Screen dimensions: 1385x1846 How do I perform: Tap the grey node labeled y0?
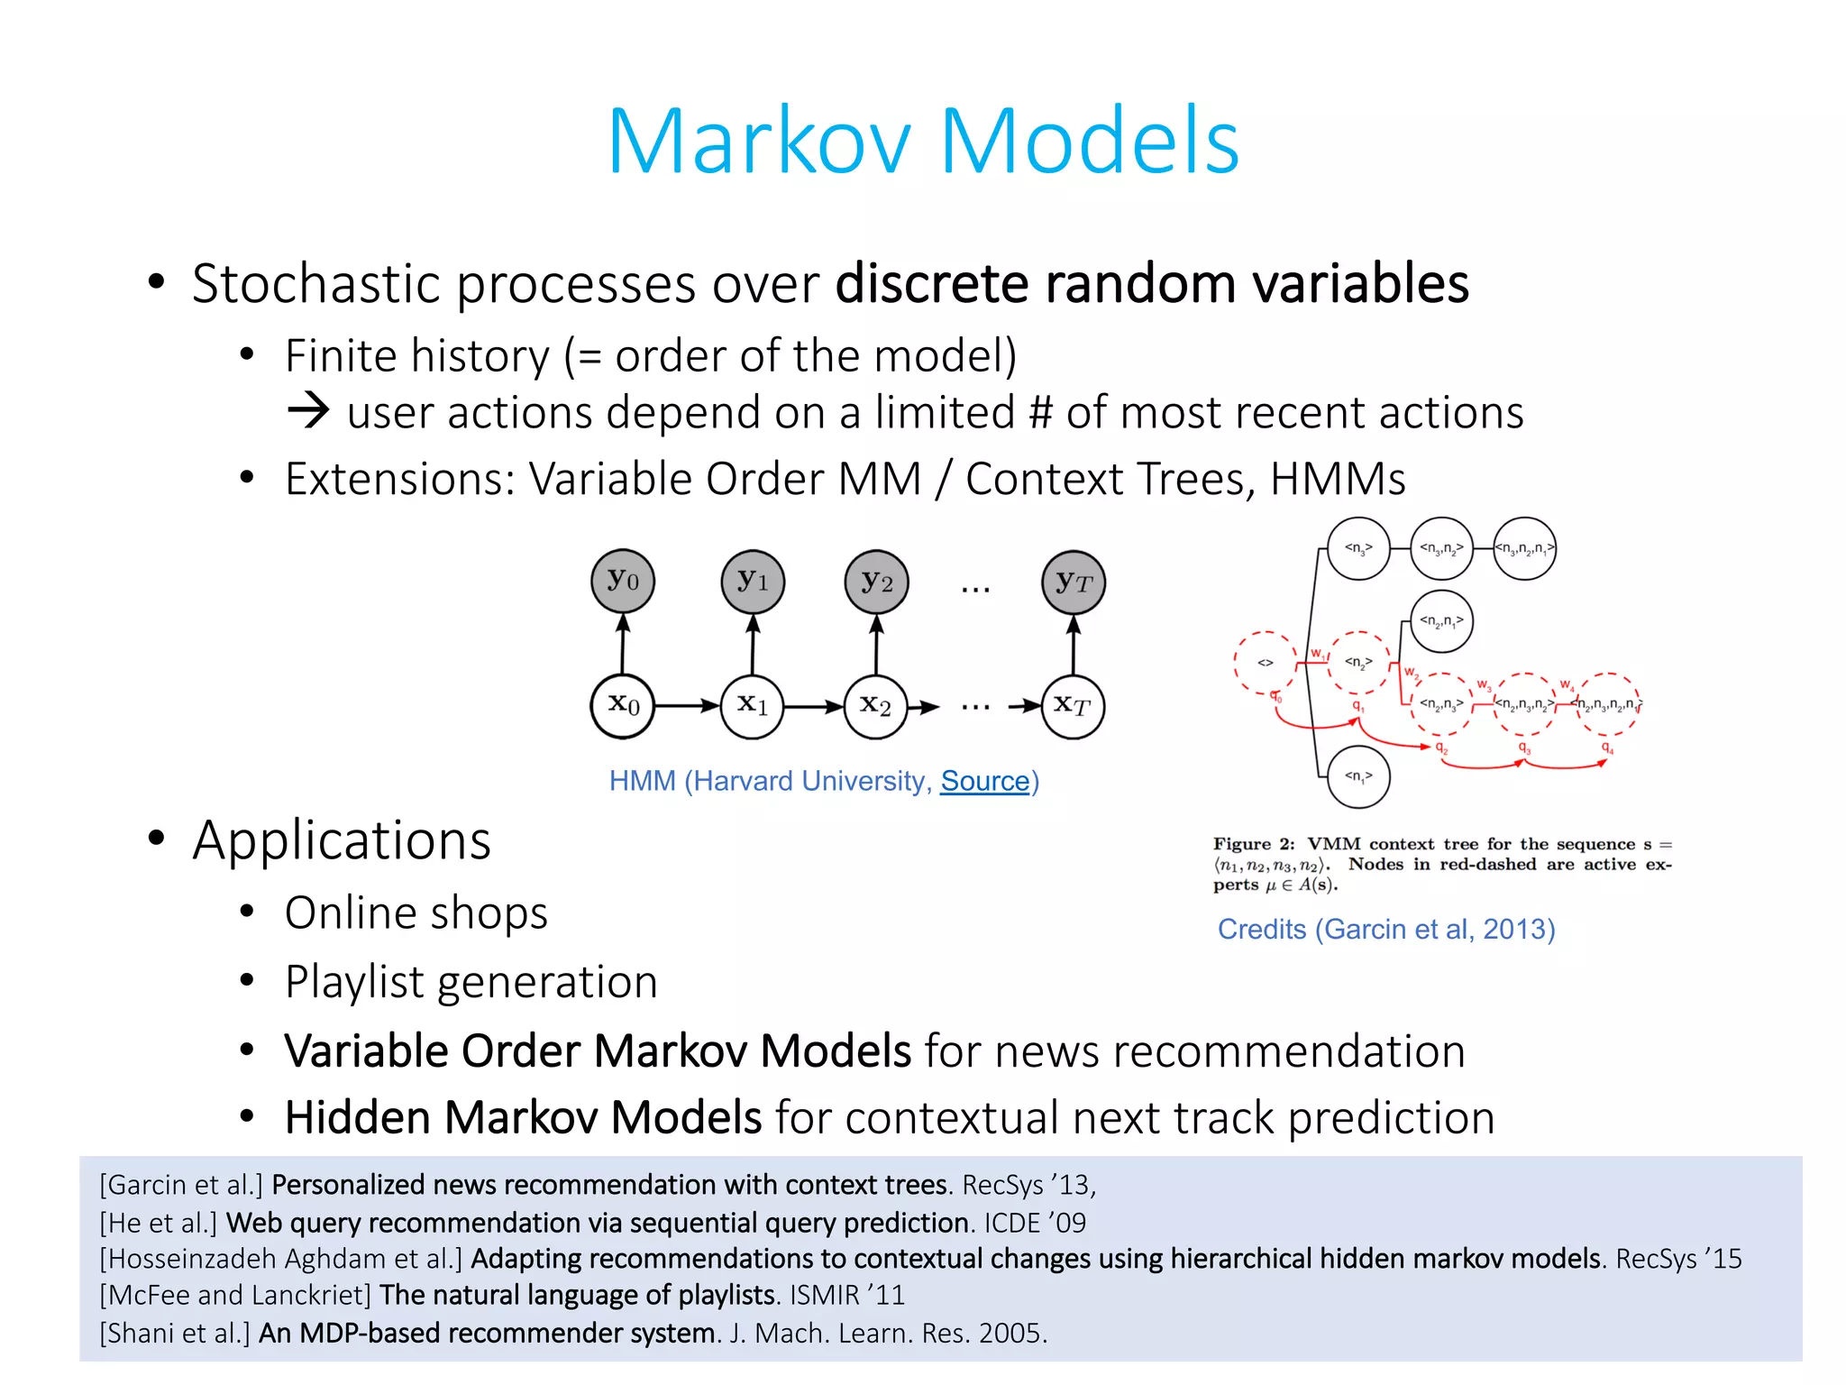click(622, 581)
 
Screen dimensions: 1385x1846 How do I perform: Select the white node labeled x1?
click(752, 706)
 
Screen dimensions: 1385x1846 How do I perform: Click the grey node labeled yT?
click(1073, 582)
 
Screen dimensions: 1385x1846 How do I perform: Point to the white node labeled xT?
click(1073, 706)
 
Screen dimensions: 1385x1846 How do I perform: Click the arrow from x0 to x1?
click(687, 706)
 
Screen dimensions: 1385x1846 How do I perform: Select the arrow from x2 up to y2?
click(876, 644)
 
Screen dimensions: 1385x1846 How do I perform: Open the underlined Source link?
click(984, 781)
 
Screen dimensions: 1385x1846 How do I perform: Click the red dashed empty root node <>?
click(1266, 663)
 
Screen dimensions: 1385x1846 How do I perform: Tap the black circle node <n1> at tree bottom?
click(1358, 776)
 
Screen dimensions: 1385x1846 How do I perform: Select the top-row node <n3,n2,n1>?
click(1524, 548)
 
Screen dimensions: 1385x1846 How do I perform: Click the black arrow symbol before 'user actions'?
click(309, 411)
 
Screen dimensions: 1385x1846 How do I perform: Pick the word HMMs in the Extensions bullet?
click(1338, 479)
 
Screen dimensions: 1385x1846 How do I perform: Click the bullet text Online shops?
click(416, 913)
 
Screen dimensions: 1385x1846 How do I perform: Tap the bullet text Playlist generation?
click(471, 982)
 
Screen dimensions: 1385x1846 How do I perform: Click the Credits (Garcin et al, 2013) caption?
click(1385, 929)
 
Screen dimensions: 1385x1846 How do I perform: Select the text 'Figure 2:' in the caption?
click(1254, 844)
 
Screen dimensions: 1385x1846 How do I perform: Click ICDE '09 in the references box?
click(1035, 1223)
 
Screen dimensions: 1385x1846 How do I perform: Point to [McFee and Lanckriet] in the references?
click(235, 1295)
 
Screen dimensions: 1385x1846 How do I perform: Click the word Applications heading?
click(342, 840)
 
